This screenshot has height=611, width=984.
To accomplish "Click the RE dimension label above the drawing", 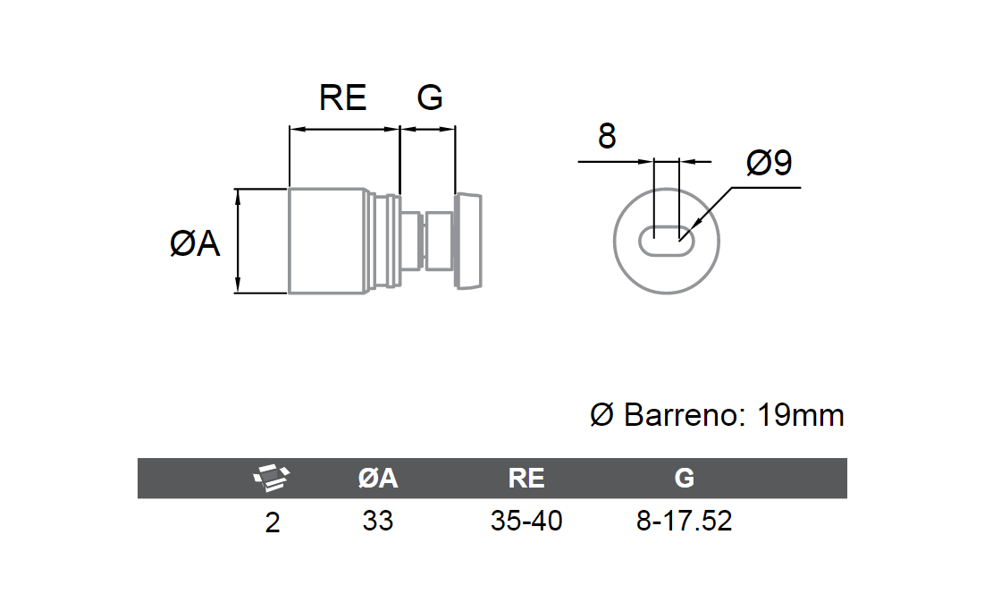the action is (x=342, y=98).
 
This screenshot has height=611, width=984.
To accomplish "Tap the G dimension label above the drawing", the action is (x=430, y=98).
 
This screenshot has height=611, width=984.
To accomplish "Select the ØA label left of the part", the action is (x=195, y=243).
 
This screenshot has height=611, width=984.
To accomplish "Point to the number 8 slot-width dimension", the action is (x=607, y=136).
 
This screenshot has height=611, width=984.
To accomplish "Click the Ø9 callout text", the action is (x=770, y=163).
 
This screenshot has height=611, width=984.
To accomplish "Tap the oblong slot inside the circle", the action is (x=667, y=242).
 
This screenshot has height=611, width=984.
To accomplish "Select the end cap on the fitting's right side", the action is (x=468, y=242).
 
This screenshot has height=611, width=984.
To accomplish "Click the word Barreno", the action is (x=685, y=415).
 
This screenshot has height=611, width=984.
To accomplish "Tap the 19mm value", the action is (x=801, y=415).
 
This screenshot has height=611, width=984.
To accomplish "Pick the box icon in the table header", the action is (x=272, y=478).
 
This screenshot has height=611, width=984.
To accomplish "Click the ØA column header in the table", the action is (x=378, y=479).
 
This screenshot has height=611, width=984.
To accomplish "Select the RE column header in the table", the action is (x=526, y=479).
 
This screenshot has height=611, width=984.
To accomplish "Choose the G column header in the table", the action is (x=684, y=479).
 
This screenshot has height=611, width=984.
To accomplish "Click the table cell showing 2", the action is (x=273, y=522).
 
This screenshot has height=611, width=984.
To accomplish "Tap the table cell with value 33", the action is (x=378, y=522).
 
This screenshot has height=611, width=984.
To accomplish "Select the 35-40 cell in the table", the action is (x=526, y=522).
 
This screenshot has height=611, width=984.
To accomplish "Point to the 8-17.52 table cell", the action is (x=684, y=522).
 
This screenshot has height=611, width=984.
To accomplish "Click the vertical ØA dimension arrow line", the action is (x=238, y=242).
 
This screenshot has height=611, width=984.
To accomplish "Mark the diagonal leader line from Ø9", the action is (x=706, y=214).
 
